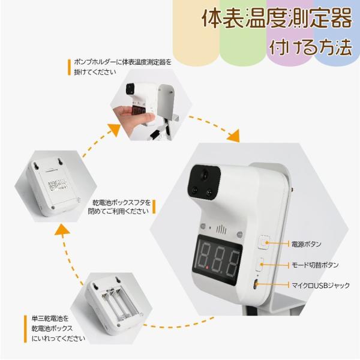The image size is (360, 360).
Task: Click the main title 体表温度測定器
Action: click(x=277, y=19)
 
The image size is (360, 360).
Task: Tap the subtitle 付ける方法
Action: click(x=311, y=47)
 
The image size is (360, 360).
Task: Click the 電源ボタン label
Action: click(x=306, y=244)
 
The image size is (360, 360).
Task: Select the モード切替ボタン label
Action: click(x=315, y=265)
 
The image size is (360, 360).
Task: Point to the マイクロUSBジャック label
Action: click(x=320, y=285)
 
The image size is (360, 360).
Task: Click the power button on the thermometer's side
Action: click(x=263, y=242)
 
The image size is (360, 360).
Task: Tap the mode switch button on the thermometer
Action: click(x=260, y=265)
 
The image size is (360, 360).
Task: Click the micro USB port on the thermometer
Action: click(x=256, y=285)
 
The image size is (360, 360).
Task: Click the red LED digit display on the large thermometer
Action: click(x=217, y=260)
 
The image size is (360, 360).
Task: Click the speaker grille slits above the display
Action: click(x=221, y=229)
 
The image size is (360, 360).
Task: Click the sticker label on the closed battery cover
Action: click(x=58, y=184)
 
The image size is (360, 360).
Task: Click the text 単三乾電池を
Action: click(x=50, y=319)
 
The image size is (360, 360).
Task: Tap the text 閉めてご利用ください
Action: click(x=118, y=211)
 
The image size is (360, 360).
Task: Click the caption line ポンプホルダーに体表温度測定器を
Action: click(x=123, y=62)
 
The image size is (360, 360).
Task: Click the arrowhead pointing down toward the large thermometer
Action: click(x=234, y=136)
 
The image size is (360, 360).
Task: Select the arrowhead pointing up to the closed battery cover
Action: click(x=61, y=230)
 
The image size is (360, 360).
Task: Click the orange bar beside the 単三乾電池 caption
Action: click(x=25, y=329)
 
